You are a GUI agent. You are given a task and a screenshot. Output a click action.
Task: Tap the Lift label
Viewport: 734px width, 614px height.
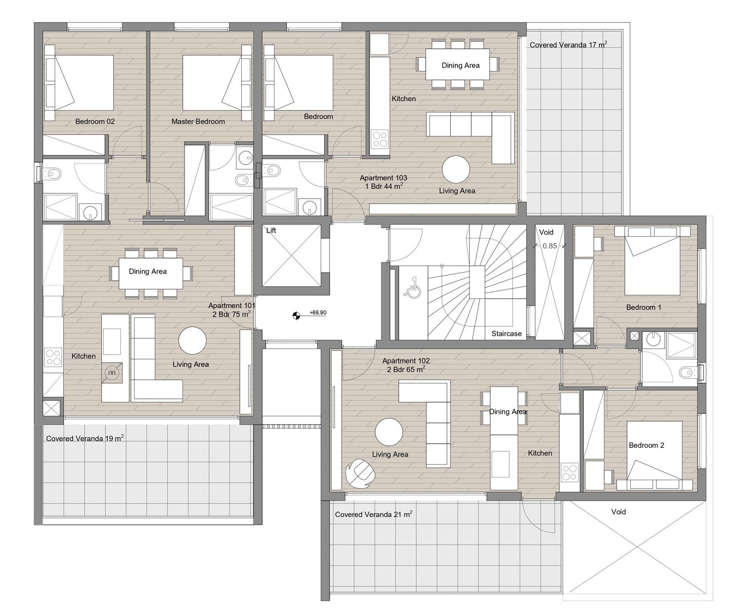pyautogui.click(x=271, y=230)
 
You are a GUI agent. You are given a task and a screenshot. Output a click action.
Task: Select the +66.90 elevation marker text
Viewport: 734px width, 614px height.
pyautogui.click(x=318, y=313)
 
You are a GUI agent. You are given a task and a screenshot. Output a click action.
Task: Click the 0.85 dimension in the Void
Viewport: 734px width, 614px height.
pyautogui.click(x=549, y=246)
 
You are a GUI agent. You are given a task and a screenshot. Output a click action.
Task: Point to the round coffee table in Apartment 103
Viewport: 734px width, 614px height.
pyautogui.click(x=456, y=169)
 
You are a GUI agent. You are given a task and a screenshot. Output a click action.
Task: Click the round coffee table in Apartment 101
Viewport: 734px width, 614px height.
pyautogui.click(x=193, y=340)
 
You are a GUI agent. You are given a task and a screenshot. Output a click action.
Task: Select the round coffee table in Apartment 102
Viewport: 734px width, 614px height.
pyautogui.click(x=388, y=432)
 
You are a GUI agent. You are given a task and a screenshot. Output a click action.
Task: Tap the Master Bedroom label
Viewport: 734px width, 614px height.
pyautogui.click(x=198, y=122)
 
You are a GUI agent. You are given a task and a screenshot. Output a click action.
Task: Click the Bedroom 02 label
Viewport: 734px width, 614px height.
pyautogui.click(x=95, y=122)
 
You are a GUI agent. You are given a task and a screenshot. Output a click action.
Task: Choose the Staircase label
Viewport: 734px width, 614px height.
pyautogui.click(x=506, y=334)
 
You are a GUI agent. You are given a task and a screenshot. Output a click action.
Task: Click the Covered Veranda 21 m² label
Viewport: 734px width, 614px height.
pyautogui.click(x=373, y=514)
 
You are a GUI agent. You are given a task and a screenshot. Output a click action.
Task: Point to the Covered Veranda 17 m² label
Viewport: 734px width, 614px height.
pyautogui.click(x=568, y=45)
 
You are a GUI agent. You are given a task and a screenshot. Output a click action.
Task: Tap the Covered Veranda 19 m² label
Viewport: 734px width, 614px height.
pyautogui.click(x=85, y=438)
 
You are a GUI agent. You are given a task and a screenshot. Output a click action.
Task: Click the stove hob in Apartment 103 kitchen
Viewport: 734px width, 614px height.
pyautogui.click(x=380, y=139)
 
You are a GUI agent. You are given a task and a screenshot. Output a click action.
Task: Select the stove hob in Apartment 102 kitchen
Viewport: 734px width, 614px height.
pyautogui.click(x=569, y=472)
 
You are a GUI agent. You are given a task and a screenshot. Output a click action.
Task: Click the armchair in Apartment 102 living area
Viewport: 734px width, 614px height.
pyautogui.click(x=360, y=473)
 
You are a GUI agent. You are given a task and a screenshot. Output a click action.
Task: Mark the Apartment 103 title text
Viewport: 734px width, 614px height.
pyautogui.click(x=383, y=178)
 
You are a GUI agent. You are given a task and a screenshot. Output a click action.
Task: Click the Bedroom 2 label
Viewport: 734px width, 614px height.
pyautogui.click(x=646, y=446)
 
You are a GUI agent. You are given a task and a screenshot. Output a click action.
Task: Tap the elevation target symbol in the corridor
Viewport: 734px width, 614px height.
pyautogui.click(x=296, y=316)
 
